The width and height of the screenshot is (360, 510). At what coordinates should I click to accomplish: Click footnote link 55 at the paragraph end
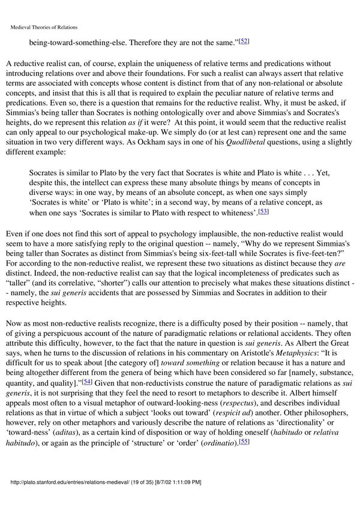click(x=244, y=424)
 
